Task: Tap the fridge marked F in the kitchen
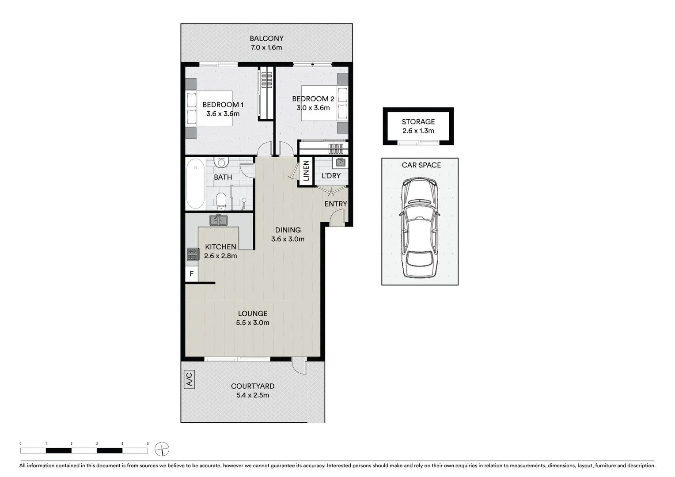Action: pos(191,274)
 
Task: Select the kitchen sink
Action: pos(218,220)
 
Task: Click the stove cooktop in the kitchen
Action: pos(192,254)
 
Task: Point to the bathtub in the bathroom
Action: pos(195,184)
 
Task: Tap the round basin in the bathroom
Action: pos(221,163)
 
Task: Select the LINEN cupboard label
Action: pos(306,171)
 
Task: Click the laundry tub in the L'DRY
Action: pos(340,163)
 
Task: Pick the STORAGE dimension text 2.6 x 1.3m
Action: pos(418,131)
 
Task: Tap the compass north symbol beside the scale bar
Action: pos(162,450)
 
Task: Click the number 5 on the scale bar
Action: pos(148,443)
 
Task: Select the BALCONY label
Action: pos(266,38)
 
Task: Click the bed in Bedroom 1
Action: pos(209,109)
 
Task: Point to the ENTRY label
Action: pos(335,204)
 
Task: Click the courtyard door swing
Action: pos(299,367)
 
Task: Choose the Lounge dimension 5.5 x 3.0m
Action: pos(252,322)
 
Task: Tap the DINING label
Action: pos(288,230)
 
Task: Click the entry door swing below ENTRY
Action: pos(337,219)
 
